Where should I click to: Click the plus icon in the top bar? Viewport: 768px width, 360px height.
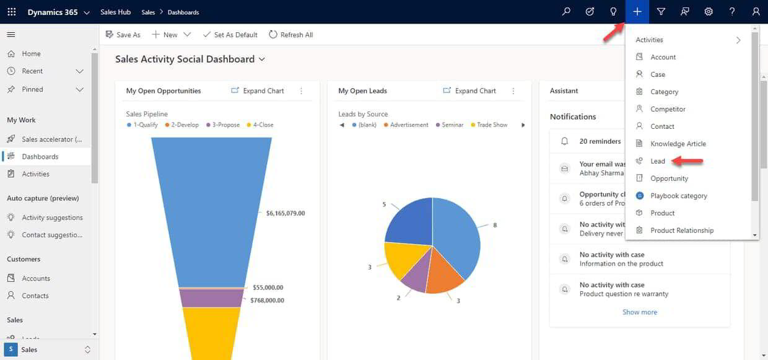[637, 12]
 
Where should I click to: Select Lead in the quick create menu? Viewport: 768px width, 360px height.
[657, 161]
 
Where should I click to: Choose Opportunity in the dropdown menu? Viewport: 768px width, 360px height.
[669, 178]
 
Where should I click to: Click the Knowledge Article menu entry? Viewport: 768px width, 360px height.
[678, 144]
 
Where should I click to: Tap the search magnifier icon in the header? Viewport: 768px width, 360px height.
[566, 12]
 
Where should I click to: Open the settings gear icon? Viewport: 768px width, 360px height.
[709, 12]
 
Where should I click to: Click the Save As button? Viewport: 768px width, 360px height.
[123, 35]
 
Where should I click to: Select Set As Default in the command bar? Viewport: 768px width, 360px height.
[230, 35]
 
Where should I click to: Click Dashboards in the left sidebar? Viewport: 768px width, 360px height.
[40, 157]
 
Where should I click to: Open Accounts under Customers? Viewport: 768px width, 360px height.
[36, 278]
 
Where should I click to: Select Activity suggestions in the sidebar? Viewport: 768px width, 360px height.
[52, 217]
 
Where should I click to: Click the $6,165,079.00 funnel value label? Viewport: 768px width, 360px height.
[285, 213]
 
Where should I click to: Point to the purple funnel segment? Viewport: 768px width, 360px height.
[211, 298]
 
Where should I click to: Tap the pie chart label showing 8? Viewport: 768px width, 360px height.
[495, 226]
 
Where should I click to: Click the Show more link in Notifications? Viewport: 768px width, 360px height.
[639, 312]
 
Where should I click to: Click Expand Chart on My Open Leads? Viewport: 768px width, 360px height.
[469, 90]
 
